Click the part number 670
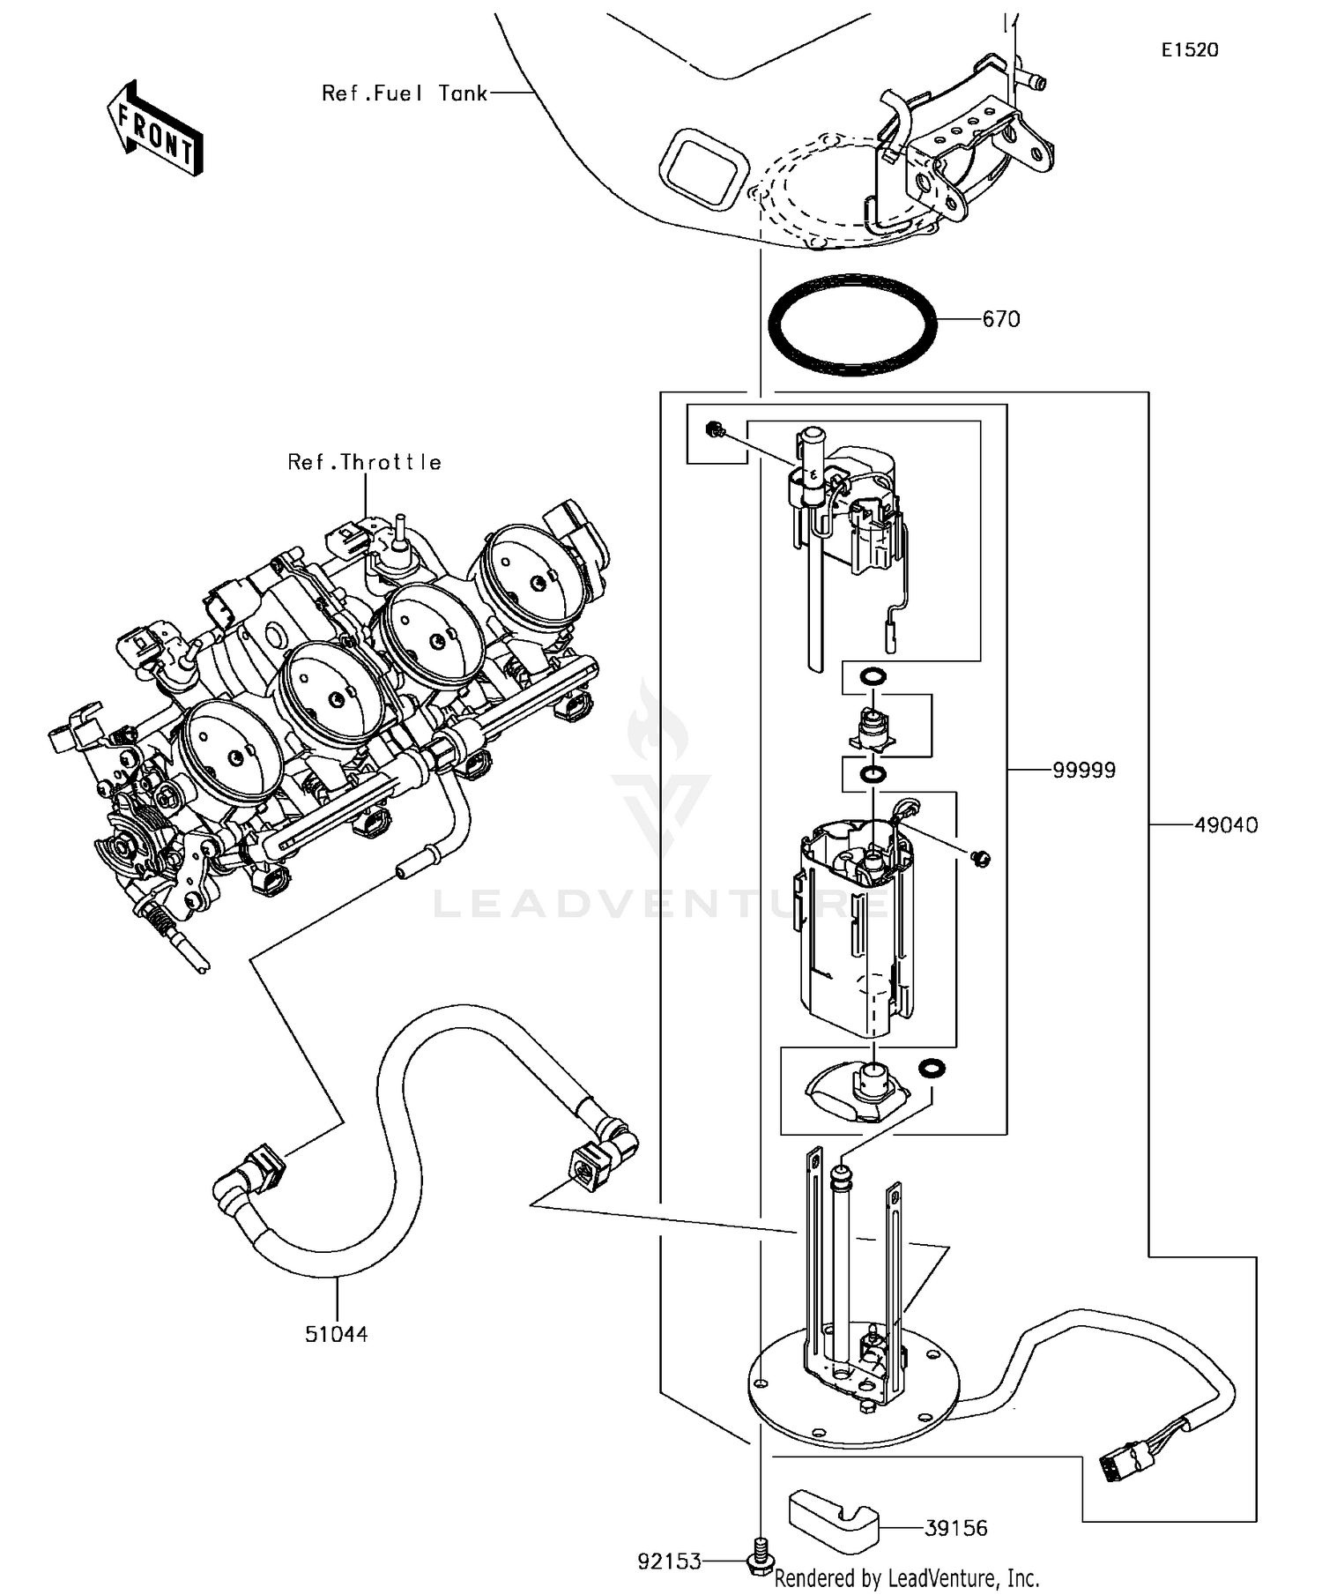click(x=1000, y=319)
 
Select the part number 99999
click(x=1083, y=771)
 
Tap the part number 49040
click(x=1226, y=825)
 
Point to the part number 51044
click(x=336, y=1334)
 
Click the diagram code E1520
click(x=1189, y=50)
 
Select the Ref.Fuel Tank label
click(x=404, y=93)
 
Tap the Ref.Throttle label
click(x=364, y=462)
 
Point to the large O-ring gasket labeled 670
click(x=852, y=324)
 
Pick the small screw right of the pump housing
click(x=980, y=857)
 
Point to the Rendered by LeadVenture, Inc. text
click(x=906, y=1577)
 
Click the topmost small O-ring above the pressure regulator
click(x=872, y=677)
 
